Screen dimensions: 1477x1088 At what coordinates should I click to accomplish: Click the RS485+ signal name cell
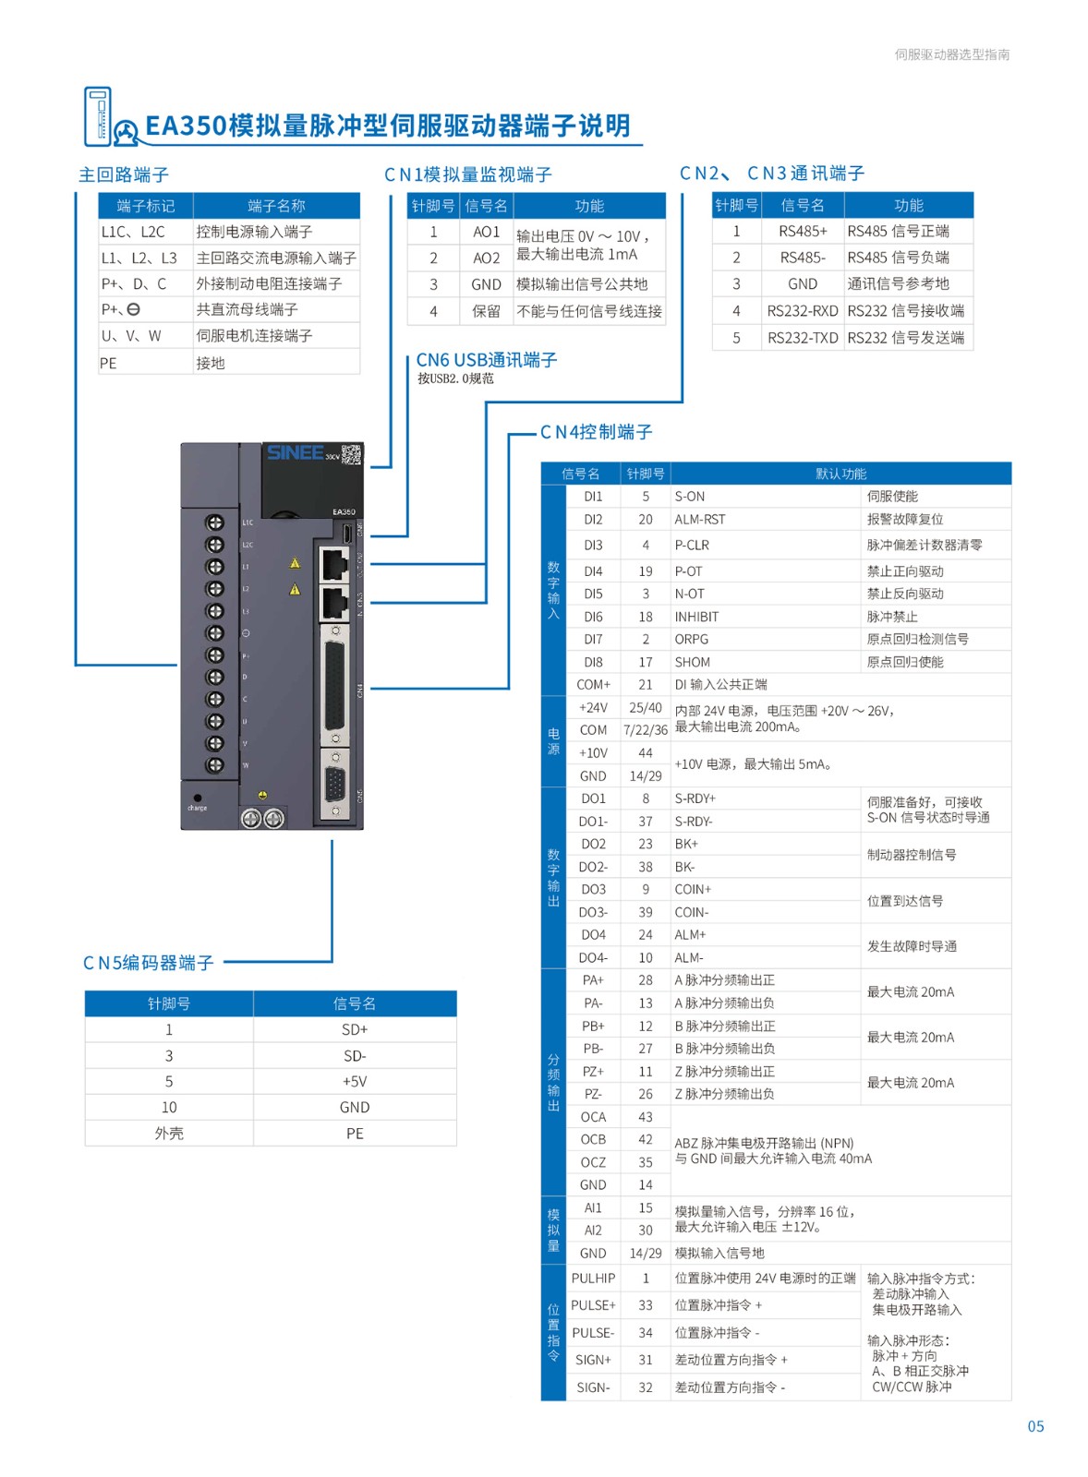coord(802,231)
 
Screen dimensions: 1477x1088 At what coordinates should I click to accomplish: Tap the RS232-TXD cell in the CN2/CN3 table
coord(802,338)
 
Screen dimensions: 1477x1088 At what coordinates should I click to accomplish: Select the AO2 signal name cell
coord(486,258)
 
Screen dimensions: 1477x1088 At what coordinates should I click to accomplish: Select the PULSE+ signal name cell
coord(593,1305)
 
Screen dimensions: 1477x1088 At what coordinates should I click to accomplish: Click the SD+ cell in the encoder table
coord(355,1029)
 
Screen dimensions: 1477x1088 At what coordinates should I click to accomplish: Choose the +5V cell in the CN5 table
coord(355,1081)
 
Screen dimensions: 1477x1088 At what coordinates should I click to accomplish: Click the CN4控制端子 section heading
coord(596,432)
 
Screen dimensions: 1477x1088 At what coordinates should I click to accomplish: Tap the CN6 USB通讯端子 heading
coord(487,360)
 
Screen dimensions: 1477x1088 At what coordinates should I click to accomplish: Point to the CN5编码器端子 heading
coord(149,963)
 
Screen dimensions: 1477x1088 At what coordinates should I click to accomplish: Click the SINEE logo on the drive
coord(296,452)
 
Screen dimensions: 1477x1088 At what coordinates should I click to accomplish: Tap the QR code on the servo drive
coord(352,454)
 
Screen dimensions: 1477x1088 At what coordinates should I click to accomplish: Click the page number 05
coord(1035,1426)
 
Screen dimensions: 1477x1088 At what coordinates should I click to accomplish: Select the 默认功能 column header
coord(840,474)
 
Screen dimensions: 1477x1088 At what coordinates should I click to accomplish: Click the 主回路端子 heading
coord(124,174)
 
